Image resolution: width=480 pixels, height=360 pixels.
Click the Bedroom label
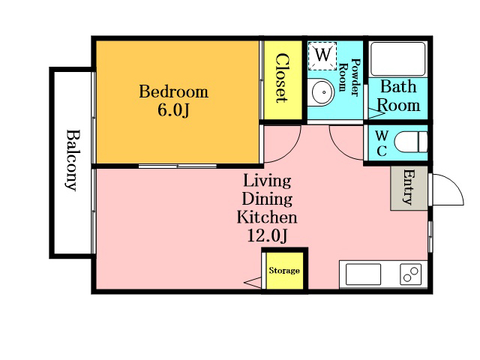click(173, 91)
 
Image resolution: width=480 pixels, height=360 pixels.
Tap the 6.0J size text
click(173, 110)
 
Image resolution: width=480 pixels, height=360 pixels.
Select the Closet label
click(281, 78)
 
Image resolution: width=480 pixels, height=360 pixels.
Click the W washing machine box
click(322, 56)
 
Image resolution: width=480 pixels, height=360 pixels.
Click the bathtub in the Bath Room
click(397, 58)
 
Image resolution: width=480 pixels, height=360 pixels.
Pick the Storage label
click(284, 271)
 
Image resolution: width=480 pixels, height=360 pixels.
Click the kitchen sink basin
click(363, 274)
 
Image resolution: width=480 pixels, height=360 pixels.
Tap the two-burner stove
click(410, 274)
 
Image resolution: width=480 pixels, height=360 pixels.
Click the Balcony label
click(73, 160)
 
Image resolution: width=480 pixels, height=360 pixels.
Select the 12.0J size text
click(267, 235)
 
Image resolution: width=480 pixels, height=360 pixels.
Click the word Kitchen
click(267, 217)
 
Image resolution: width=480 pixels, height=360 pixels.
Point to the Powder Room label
click(350, 76)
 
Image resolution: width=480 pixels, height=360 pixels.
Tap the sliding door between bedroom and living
click(178, 166)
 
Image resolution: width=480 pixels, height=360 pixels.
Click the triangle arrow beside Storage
click(253, 283)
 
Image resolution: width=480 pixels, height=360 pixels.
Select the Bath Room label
click(398, 96)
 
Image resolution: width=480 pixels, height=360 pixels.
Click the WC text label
click(382, 143)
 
